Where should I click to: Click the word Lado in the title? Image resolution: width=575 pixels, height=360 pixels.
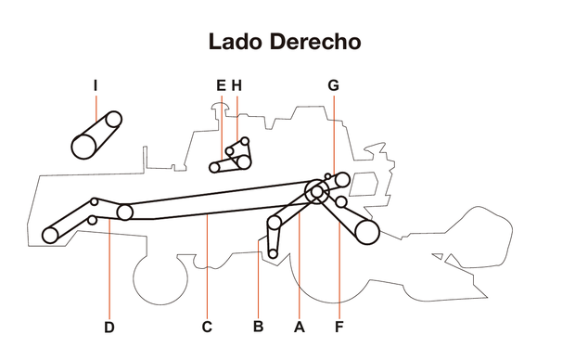pos(236,43)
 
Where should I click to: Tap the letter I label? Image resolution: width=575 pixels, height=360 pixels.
pos(96,85)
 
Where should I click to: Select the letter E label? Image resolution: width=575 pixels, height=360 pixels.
pos(221,85)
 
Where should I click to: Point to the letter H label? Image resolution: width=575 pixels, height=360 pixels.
pos(236,85)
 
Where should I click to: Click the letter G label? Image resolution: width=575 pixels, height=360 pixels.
pos(333,85)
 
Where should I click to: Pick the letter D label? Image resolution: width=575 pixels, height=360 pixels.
pos(109,327)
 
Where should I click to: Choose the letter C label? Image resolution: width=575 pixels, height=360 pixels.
pos(207,327)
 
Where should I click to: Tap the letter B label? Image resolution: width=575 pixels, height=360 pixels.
pos(258,327)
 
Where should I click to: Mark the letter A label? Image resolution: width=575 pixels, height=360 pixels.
pos(299,327)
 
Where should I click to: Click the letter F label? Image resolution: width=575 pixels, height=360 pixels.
pos(339,327)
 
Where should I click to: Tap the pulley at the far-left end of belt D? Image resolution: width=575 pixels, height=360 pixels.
pos(50,235)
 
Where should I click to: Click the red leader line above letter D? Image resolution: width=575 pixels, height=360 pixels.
pos(109,269)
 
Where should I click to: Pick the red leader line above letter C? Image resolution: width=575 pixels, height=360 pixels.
pos(207,269)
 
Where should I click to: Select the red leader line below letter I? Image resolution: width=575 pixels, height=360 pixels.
pos(96,107)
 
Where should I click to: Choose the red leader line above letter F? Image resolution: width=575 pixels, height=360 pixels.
pos(339,269)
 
